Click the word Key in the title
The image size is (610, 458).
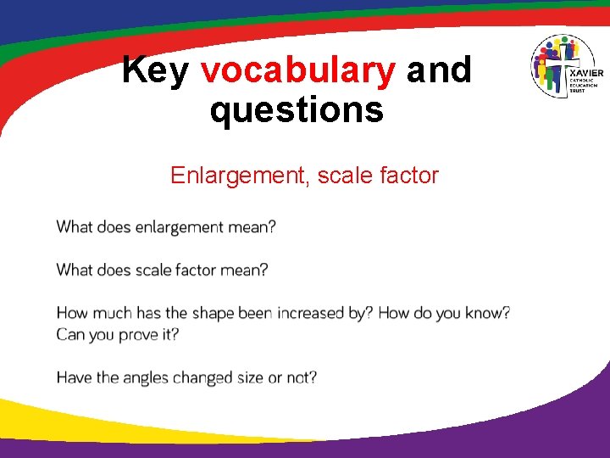click(155, 71)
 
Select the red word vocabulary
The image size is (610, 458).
click(297, 71)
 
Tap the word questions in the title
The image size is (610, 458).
click(297, 110)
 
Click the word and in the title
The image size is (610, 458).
click(438, 71)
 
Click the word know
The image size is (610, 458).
click(482, 314)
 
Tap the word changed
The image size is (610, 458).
click(202, 377)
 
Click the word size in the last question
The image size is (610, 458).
click(250, 377)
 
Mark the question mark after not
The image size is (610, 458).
click(313, 377)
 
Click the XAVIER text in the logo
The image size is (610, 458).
click(586, 74)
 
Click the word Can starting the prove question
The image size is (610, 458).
click(71, 334)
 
